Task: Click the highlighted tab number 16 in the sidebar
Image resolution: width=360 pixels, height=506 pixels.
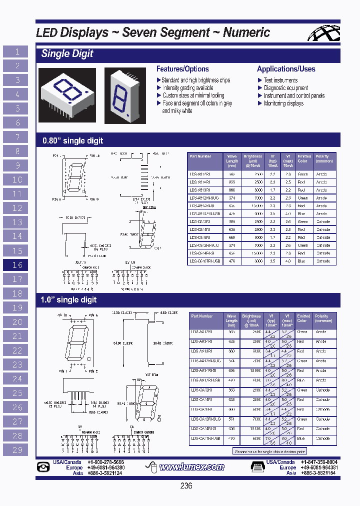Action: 17,265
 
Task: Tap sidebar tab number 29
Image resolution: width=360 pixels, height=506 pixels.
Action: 17,449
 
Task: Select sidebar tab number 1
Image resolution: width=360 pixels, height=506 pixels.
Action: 17,51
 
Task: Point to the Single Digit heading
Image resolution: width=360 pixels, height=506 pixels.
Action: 67,54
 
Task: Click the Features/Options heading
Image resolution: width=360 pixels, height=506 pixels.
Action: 182,69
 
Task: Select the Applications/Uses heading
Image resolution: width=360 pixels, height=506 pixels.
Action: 286,69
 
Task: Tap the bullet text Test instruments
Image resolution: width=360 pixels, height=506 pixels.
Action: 280,80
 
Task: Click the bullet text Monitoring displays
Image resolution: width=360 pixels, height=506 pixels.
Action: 283,103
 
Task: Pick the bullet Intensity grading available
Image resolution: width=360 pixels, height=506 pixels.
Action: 187,87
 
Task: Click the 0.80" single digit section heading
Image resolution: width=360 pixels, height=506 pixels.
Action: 73,141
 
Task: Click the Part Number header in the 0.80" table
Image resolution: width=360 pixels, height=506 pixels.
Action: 200,156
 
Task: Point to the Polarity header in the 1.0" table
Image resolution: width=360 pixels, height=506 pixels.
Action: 322,318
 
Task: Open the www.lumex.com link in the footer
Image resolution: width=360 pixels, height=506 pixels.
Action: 191,467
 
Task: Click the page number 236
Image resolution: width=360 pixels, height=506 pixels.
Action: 186,486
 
